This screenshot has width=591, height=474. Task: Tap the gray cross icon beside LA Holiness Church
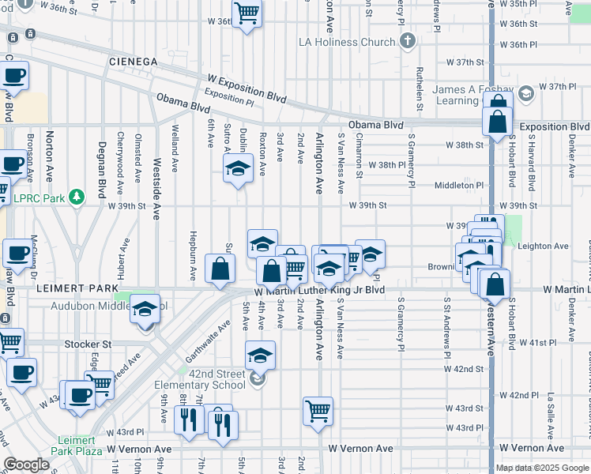pyautogui.click(x=407, y=40)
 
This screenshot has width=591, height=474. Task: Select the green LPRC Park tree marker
pyautogui.click(x=77, y=195)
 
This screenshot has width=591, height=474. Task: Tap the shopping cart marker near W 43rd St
pyautogui.click(x=318, y=410)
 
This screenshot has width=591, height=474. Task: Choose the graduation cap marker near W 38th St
pyautogui.click(x=237, y=168)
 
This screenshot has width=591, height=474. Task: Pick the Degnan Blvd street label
pyautogui.click(x=102, y=168)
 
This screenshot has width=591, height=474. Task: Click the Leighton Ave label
pyautogui.click(x=543, y=246)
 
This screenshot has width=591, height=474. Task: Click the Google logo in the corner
pyautogui.click(x=26, y=465)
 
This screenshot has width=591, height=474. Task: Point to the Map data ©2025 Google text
pyautogui.click(x=542, y=468)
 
